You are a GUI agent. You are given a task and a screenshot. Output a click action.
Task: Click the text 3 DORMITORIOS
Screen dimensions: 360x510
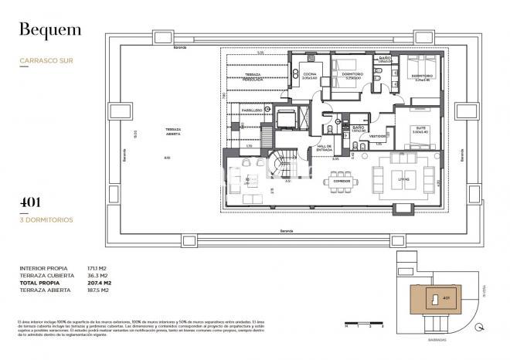46,219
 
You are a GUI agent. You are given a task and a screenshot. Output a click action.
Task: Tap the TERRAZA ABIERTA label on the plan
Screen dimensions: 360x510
173,131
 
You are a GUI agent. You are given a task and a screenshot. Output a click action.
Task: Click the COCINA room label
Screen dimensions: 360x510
311,73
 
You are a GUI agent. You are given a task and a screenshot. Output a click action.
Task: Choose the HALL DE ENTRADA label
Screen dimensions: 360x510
324,149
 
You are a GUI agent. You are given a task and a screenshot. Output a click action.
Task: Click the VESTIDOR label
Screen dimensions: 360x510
378,136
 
